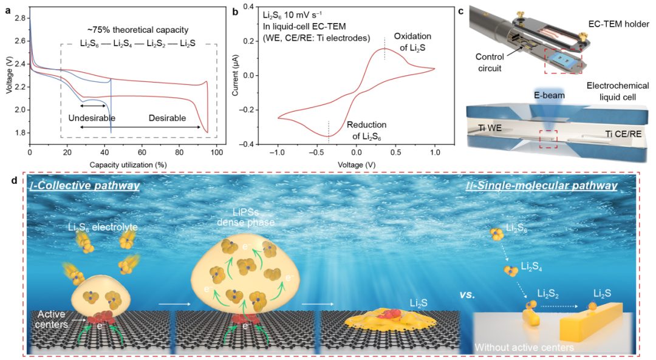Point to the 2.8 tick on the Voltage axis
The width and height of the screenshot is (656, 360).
tap(20, 18)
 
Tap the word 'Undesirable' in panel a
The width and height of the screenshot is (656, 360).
tap(91, 118)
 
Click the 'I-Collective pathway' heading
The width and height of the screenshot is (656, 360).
tap(85, 185)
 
